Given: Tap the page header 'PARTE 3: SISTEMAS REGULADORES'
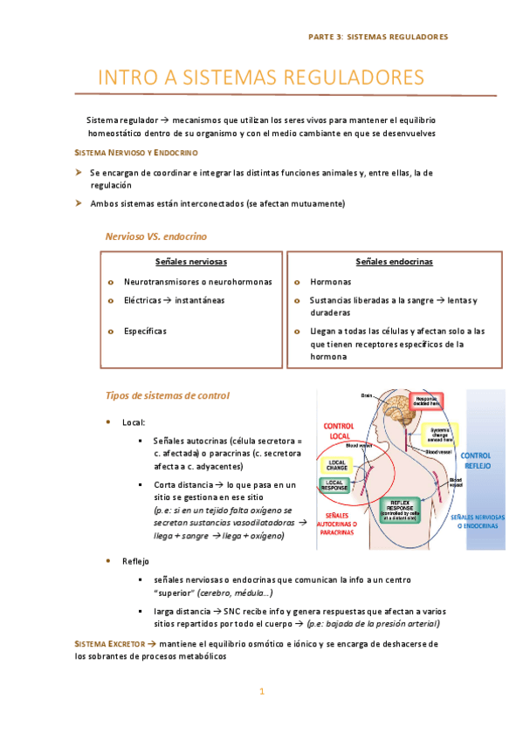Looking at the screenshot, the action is tap(378, 38).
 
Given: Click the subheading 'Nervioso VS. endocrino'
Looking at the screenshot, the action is tap(156, 236).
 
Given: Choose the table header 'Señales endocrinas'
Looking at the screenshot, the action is tap(394, 262).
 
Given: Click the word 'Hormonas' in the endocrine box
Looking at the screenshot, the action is tap(331, 282).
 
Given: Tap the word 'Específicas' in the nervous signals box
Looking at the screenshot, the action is tap(145, 332).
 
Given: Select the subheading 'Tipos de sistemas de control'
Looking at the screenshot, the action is tap(167, 395).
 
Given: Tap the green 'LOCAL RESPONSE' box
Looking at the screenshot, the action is tap(335, 485).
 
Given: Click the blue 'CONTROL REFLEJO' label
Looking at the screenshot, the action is tap(477, 461).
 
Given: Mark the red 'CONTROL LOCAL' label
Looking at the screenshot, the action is tap(338, 431).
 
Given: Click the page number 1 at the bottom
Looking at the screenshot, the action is tap(261, 692).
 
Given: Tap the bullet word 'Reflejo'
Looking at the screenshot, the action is tap(136, 560).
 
